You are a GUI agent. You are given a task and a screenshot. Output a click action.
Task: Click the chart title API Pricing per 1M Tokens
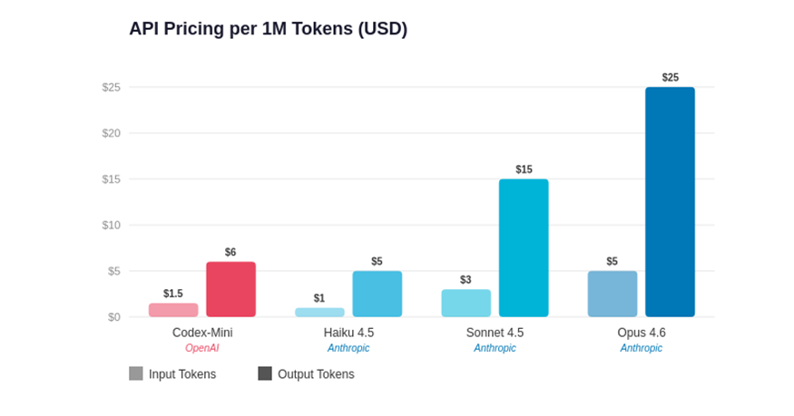[x=268, y=29]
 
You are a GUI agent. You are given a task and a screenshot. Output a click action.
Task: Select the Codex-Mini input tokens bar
[x=173, y=310]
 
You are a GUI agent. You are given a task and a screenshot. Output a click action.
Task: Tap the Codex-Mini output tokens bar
[x=230, y=289]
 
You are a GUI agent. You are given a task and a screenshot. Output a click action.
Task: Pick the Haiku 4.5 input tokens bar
[x=319, y=313]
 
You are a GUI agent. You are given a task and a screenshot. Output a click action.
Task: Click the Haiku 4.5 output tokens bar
[x=377, y=294]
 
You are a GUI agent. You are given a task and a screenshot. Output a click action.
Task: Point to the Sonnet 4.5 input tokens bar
[x=466, y=303]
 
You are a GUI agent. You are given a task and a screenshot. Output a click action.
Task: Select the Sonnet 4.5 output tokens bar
[x=524, y=247]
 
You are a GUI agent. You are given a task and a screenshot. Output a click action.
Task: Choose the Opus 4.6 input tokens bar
[x=613, y=294]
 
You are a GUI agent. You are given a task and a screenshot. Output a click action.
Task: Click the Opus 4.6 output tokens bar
[x=670, y=201]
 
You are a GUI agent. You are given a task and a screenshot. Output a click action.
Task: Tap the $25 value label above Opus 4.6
[x=670, y=78]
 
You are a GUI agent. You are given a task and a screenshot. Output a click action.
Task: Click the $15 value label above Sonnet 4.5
[x=524, y=169]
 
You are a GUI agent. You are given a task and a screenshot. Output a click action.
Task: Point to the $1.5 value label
[x=173, y=294]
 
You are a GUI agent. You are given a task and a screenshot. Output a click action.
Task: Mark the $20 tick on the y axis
[x=111, y=133]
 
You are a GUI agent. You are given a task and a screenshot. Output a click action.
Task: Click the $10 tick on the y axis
[x=111, y=225]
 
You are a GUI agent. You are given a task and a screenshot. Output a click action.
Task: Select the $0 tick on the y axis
[x=113, y=316]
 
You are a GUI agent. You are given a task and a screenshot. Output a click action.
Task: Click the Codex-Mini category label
[x=202, y=333]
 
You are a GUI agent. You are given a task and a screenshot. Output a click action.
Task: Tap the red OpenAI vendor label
[x=202, y=348]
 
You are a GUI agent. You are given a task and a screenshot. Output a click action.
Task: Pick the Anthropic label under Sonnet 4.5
[x=495, y=348]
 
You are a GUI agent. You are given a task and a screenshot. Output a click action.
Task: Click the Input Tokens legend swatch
[x=136, y=373]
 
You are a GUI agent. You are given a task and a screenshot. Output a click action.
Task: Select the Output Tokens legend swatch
[x=265, y=373]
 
